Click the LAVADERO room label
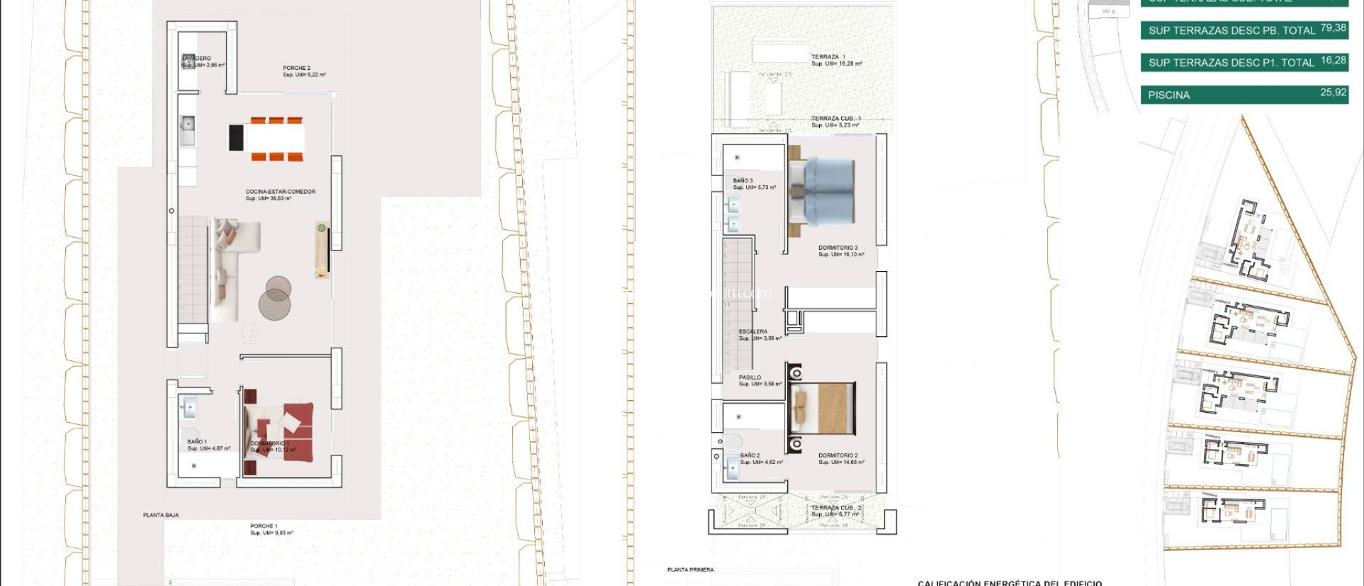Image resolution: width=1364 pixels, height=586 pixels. (x=196, y=59)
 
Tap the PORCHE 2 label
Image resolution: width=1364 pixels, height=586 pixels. (x=296, y=69)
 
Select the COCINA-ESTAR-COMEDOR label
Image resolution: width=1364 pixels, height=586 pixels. (x=280, y=192)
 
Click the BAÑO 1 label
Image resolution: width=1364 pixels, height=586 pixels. (x=197, y=442)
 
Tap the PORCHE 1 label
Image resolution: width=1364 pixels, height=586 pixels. (x=264, y=526)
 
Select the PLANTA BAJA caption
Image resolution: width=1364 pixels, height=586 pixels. (x=161, y=515)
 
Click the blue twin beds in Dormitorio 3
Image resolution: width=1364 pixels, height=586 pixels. (x=828, y=192)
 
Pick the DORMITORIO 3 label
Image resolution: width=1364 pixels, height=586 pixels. (x=838, y=248)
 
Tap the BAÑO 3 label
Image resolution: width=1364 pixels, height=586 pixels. (x=743, y=180)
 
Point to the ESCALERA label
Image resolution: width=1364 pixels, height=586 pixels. (x=753, y=332)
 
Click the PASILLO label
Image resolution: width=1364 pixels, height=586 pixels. (x=750, y=378)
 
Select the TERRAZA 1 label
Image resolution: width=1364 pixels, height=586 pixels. (x=829, y=57)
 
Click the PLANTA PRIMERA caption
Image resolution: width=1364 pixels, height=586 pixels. (x=691, y=570)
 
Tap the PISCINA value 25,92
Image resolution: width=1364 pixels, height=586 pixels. (x=1333, y=93)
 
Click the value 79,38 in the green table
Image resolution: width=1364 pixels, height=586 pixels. (x=1333, y=28)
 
